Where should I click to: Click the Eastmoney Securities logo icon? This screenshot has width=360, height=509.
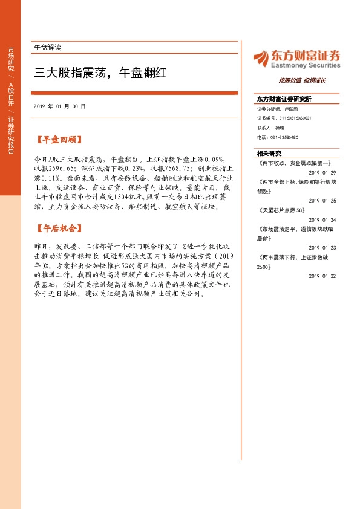(261, 57)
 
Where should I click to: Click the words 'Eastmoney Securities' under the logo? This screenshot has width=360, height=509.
(305, 65)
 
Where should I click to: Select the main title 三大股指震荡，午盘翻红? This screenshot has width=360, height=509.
(100, 73)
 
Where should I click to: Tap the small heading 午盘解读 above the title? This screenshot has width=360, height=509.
(47, 47)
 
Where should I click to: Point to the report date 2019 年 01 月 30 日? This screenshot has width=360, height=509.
(60, 106)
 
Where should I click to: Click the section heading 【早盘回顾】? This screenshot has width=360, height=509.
(58, 140)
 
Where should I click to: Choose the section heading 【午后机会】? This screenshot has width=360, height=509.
(58, 229)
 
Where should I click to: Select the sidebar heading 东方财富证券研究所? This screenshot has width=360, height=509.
(284, 99)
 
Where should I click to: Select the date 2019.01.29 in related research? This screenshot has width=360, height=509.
(322, 172)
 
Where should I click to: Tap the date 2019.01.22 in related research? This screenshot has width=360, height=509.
(322, 276)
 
